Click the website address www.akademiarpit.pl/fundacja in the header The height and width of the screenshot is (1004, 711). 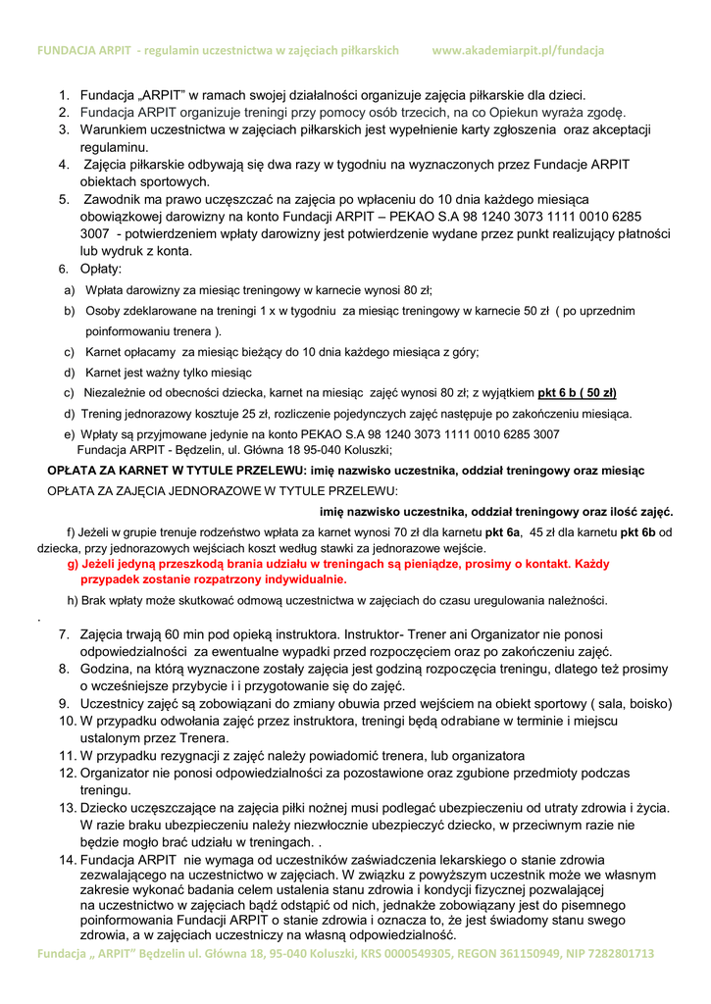coord(517,50)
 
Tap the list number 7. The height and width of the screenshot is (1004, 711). coord(64,635)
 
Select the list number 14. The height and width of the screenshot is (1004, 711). coord(67,860)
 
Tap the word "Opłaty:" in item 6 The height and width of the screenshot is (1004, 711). coord(101,269)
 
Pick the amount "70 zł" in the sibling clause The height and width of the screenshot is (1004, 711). coord(394,531)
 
